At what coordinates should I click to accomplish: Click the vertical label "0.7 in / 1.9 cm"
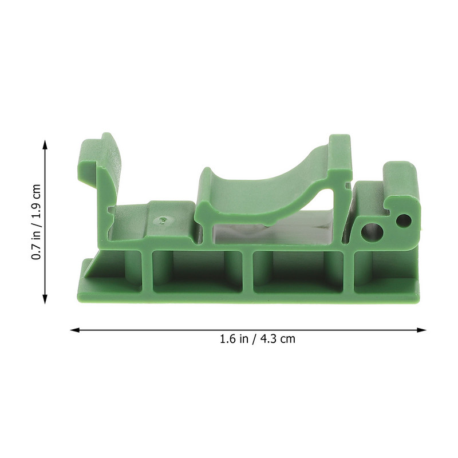point(36,223)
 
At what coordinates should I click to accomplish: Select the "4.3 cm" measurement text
point(278,338)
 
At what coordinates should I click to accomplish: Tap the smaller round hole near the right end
point(404,220)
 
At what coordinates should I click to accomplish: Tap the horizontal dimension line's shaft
point(172,330)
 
